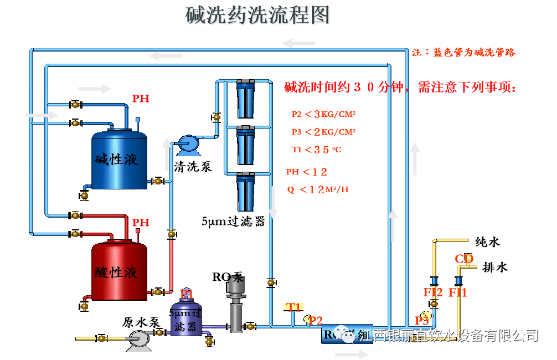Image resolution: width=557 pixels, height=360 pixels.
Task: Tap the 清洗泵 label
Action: (x=193, y=166)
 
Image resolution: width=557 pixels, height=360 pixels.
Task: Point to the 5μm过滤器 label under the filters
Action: (x=233, y=222)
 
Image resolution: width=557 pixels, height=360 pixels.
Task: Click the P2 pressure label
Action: (x=316, y=321)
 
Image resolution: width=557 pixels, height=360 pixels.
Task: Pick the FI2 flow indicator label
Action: (x=433, y=292)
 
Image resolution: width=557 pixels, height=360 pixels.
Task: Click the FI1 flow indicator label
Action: (x=458, y=292)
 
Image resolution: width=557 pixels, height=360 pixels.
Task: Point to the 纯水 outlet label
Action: (x=488, y=242)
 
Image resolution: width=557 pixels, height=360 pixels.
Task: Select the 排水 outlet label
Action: (x=495, y=268)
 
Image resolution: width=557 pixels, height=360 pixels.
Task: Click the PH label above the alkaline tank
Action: (x=141, y=99)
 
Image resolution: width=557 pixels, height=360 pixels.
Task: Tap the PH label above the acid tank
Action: (x=141, y=222)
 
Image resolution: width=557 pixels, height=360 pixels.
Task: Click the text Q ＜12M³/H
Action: (x=318, y=190)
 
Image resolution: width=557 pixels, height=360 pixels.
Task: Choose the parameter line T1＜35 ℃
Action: (x=316, y=150)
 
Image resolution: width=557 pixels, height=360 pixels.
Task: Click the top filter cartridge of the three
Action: (x=246, y=99)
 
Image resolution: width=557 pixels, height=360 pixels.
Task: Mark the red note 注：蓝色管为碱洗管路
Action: (x=464, y=53)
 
